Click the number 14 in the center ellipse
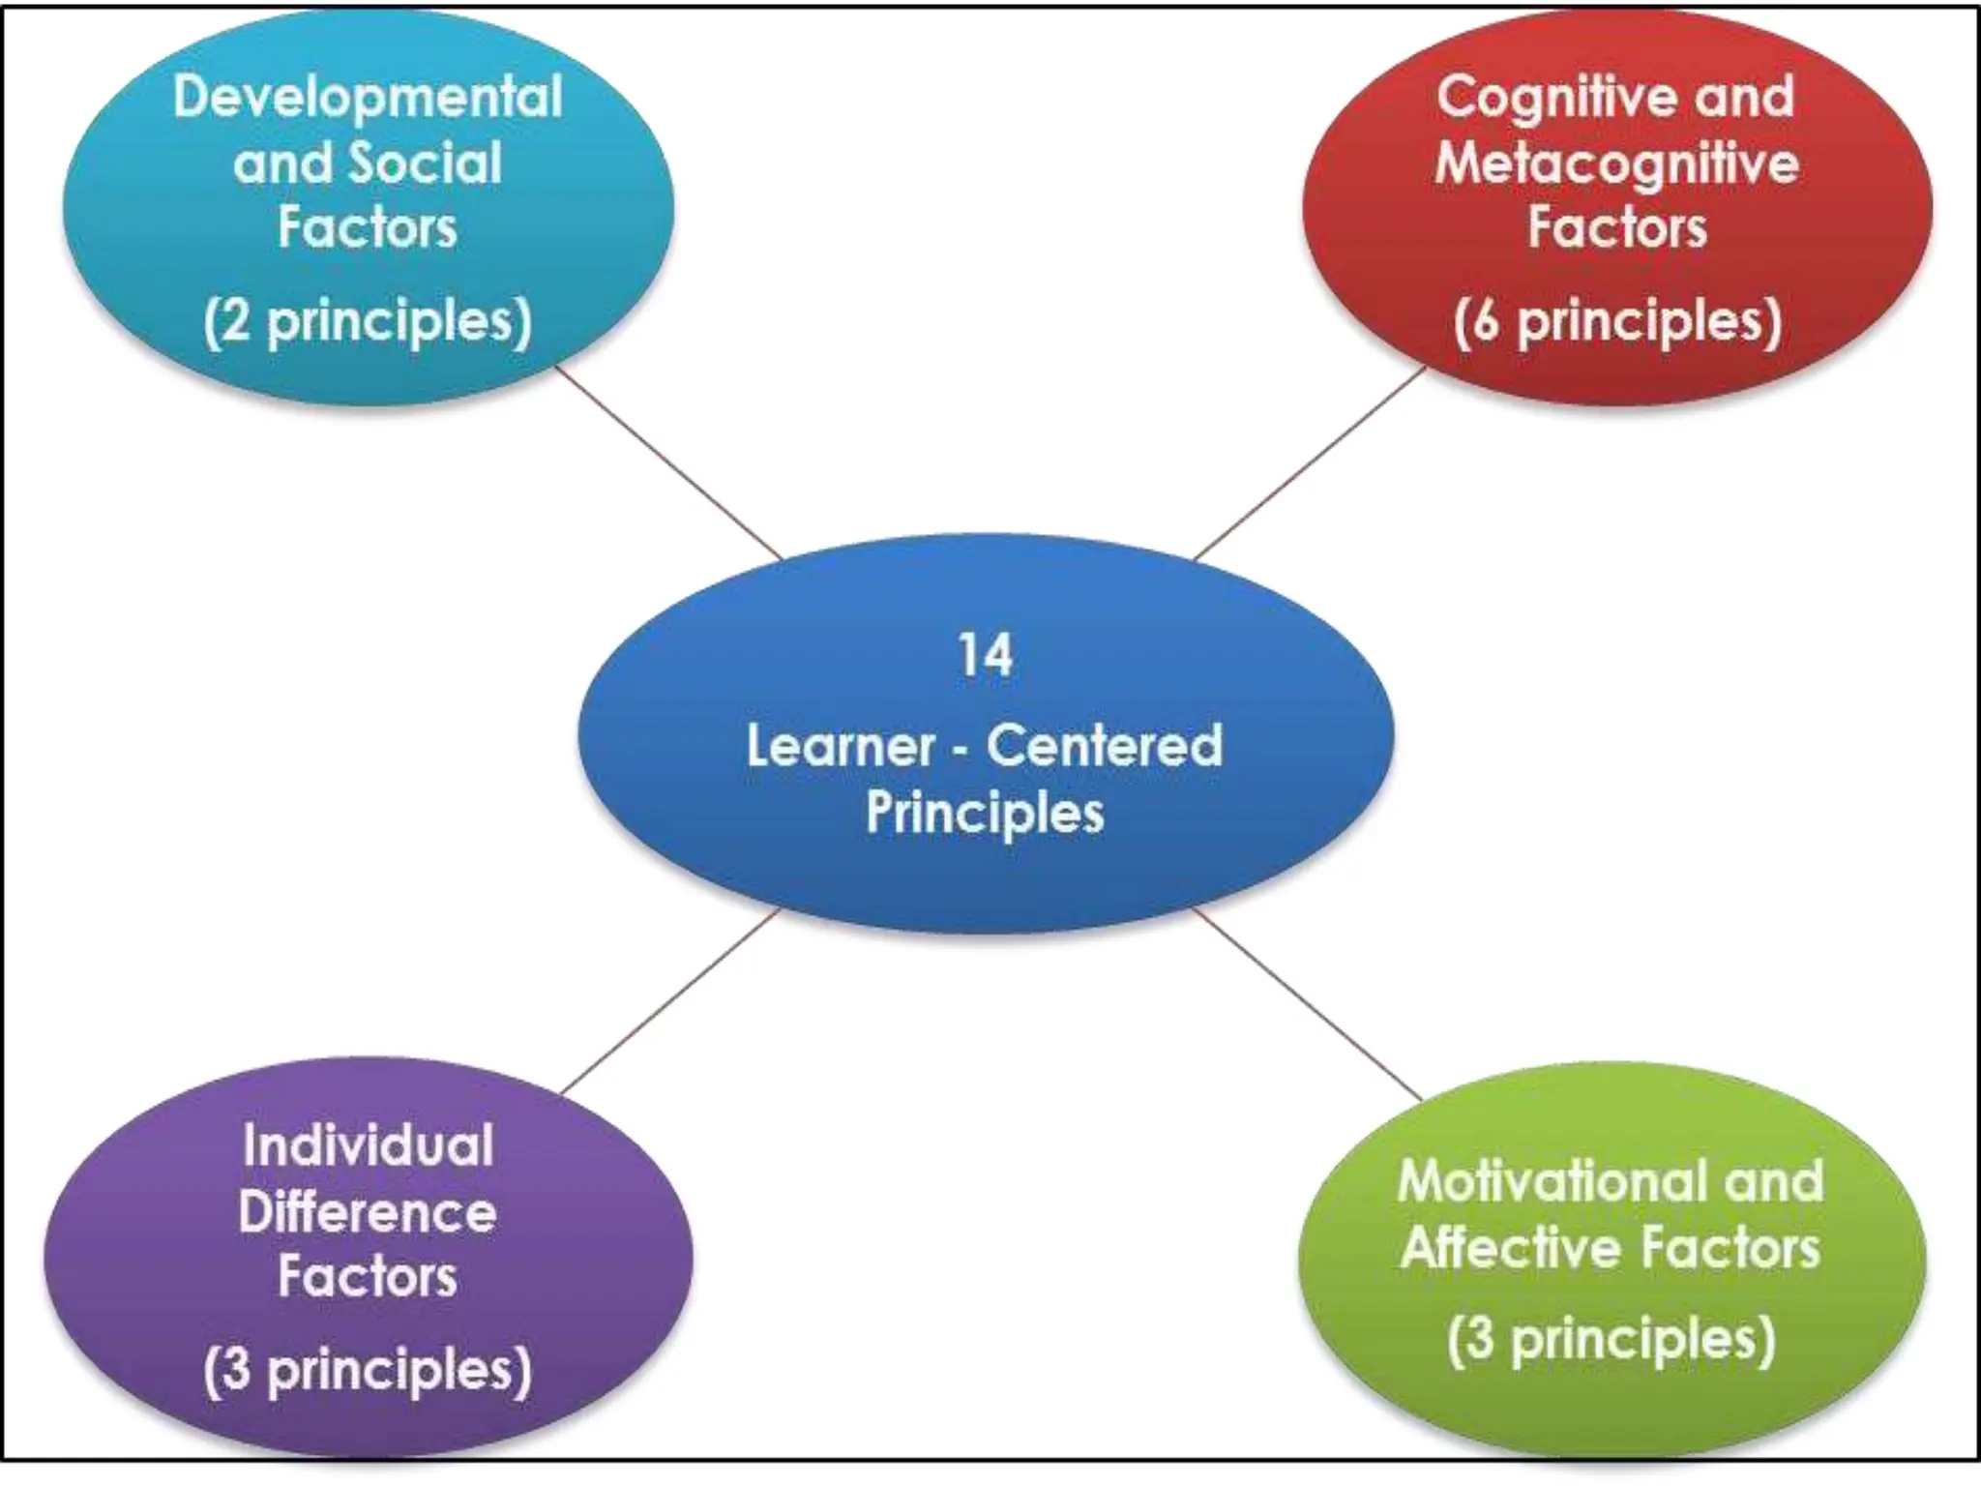coord(985,655)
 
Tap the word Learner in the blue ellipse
coord(841,746)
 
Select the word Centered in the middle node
coord(1104,746)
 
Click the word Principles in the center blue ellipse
coord(984,814)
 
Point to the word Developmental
coord(368,98)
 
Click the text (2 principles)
coord(368,321)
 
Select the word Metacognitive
coord(1616,163)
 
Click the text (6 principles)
coord(1616,321)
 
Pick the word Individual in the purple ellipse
coord(368,1145)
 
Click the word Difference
coord(368,1211)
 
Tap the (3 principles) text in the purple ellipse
coord(368,1370)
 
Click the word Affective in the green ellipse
coord(1508,1247)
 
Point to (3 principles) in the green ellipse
coord(1611,1340)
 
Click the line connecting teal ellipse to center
coord(669,463)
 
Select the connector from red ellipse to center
coord(1309,463)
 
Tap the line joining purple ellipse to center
coord(669,1001)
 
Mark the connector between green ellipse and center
coord(1309,1004)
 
